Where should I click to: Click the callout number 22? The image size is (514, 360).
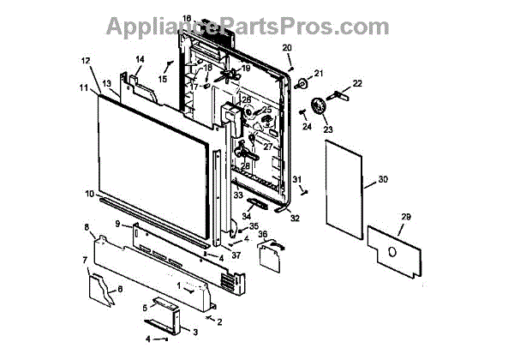[358, 82]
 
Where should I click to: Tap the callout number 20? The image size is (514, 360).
[287, 46]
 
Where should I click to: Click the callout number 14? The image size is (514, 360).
[140, 58]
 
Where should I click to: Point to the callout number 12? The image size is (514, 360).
[85, 60]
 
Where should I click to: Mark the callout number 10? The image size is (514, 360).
[89, 195]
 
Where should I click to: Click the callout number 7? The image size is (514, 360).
[85, 260]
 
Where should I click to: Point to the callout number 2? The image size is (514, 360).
[219, 322]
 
